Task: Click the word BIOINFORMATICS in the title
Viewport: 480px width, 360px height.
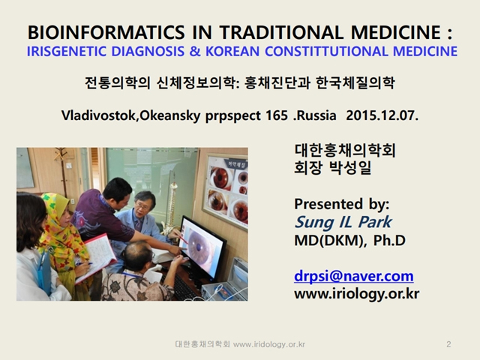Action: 106,32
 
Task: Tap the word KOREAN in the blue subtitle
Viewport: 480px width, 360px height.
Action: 232,52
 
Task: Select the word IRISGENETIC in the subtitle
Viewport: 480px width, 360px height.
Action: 67,52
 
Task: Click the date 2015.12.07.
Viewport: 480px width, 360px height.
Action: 382,115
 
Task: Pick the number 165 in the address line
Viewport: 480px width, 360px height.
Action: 277,115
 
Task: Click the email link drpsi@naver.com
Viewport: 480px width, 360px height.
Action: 354,276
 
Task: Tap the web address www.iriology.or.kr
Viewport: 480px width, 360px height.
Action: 357,294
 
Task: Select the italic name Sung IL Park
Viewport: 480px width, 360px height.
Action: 343,222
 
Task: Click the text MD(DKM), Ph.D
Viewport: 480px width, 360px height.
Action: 350,241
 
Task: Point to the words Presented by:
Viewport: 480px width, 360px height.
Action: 342,205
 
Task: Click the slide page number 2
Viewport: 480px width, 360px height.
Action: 448,344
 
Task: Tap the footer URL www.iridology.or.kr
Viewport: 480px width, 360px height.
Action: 269,344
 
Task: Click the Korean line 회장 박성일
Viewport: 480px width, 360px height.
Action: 332,167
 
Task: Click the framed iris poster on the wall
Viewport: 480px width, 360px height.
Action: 226,192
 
